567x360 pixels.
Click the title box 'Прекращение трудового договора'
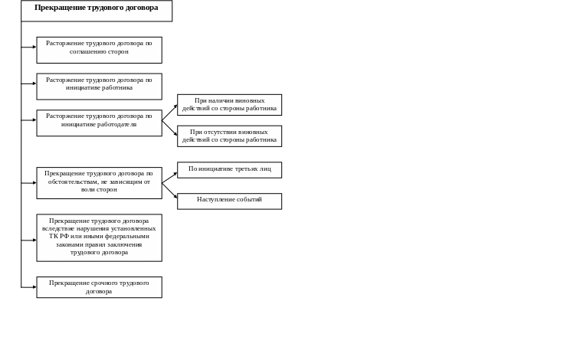(97, 10)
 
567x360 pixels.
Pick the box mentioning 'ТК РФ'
(99, 237)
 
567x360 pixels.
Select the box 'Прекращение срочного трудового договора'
(99, 287)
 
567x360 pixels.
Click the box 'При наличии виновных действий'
(230, 105)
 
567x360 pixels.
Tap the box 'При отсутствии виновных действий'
(230, 136)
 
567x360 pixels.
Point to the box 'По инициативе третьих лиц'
(230, 169)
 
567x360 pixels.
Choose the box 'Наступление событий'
(230, 201)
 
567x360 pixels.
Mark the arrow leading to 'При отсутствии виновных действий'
(169, 129)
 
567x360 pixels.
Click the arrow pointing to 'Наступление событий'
(169, 191)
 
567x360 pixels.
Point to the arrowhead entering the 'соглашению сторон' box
(34, 47)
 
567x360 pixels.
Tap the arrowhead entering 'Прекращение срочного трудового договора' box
(34, 286)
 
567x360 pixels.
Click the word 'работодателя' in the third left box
(116, 124)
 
